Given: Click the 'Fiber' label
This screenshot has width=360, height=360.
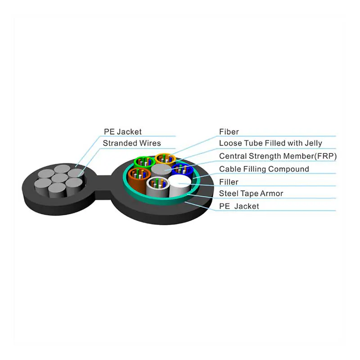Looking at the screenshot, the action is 229,131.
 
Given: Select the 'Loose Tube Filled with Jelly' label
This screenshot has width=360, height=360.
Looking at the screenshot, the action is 270,143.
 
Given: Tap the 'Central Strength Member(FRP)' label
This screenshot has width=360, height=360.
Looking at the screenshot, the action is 278,156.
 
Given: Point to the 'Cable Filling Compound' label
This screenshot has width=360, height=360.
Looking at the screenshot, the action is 264,169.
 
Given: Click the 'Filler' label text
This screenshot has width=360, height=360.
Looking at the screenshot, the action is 229,182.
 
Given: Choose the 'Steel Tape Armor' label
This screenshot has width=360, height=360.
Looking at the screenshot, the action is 251,193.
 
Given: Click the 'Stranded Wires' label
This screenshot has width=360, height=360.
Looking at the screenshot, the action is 132,143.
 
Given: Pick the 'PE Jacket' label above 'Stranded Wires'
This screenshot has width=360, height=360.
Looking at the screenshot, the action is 123,132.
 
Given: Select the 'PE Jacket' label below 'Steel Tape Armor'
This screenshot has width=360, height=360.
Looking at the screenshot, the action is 239,206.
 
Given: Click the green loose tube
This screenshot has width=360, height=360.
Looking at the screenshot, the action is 144,163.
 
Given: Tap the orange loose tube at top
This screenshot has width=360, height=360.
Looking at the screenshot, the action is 165,159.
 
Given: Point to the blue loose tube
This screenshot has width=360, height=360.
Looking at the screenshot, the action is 183,170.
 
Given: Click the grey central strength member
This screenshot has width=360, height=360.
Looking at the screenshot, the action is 162,171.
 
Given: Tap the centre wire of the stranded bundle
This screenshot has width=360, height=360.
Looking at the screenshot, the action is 59,178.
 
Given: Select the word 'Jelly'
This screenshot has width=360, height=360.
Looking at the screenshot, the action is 313,143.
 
